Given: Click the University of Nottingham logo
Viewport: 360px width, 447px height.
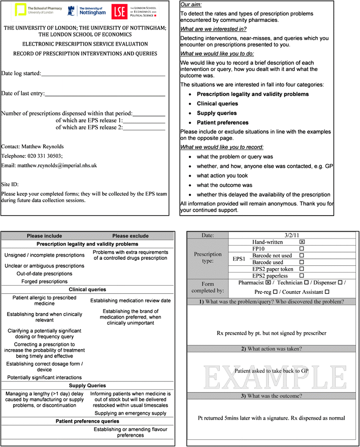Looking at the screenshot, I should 84,10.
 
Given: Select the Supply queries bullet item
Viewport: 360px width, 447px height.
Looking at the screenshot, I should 217,113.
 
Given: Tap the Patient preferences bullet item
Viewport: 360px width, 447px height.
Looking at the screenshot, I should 222,122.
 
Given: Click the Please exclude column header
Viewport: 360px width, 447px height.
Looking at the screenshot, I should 130,235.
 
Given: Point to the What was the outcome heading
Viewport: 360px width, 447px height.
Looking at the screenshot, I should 273,396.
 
